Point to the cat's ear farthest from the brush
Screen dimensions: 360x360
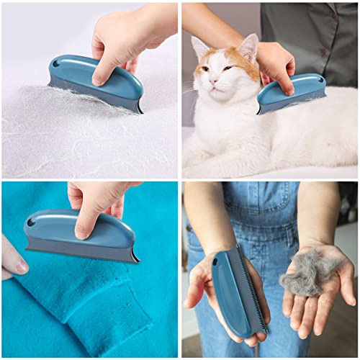coord(199,48)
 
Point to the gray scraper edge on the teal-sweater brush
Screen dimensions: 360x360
coord(79,256)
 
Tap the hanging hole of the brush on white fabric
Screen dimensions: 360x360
coord(56,64)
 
